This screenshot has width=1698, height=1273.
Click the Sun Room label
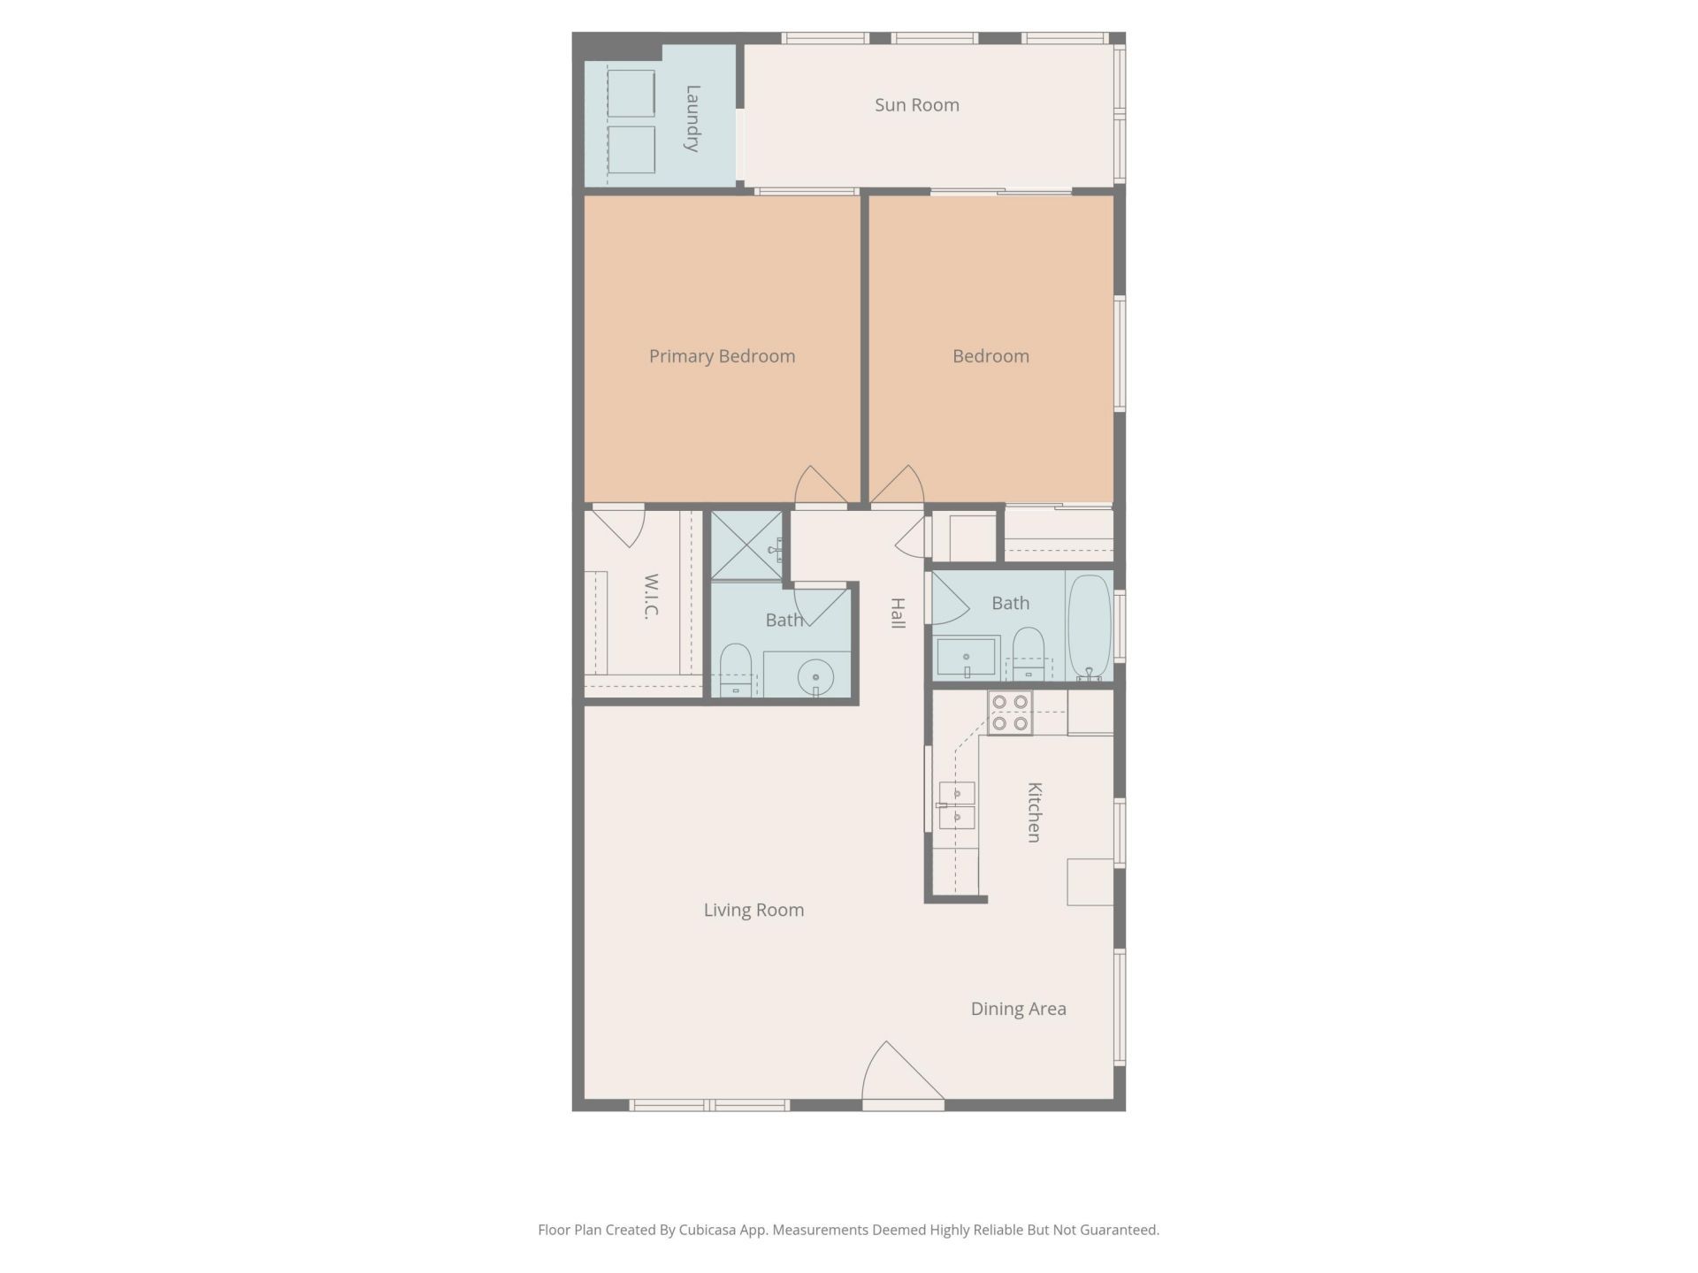click(x=916, y=105)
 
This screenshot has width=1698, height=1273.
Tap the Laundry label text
click(x=692, y=118)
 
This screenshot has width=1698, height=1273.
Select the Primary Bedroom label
click(x=722, y=356)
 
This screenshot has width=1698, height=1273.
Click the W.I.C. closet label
click(x=651, y=597)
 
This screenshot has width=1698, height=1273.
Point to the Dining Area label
click(x=1018, y=1009)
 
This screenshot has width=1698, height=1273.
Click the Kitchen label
click(x=1034, y=812)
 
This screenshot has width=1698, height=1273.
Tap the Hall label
click(x=898, y=613)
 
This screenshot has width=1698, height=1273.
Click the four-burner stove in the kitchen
click(x=1010, y=713)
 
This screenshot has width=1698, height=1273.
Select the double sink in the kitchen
click(x=957, y=805)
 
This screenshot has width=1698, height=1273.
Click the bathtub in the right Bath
click(x=1089, y=628)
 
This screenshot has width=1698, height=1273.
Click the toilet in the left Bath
click(x=735, y=669)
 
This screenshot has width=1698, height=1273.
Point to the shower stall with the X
click(x=747, y=545)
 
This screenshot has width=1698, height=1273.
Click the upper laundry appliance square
click(x=631, y=93)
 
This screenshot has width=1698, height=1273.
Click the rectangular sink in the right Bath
click(x=966, y=657)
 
